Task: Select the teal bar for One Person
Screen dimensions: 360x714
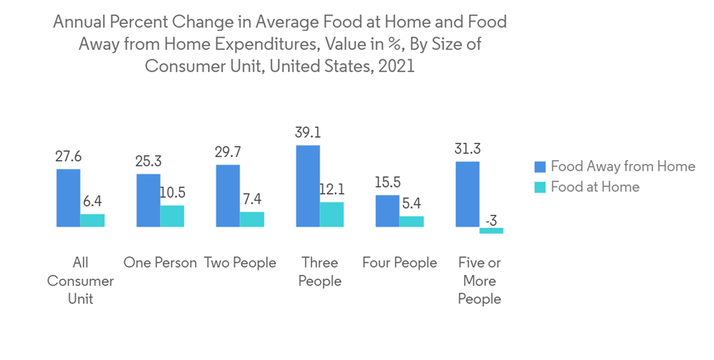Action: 172,216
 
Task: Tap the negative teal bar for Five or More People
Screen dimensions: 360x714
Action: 491,231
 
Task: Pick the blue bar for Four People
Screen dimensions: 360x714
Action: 388,211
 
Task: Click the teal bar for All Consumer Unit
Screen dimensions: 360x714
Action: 92,220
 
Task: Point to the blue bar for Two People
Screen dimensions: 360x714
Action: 228,196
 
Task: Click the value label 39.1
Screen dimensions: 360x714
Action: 308,133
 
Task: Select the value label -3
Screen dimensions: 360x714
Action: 491,221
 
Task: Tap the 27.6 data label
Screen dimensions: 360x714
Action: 69,157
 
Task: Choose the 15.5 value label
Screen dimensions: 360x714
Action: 388,184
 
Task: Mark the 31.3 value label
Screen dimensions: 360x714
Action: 468,149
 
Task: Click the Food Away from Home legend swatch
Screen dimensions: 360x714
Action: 540,166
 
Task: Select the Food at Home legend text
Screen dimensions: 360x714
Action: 595,186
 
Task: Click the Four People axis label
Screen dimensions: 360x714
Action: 399,263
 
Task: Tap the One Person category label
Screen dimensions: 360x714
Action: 160,263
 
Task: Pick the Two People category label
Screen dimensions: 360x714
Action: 240,263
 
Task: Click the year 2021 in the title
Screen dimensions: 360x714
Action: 395,67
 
